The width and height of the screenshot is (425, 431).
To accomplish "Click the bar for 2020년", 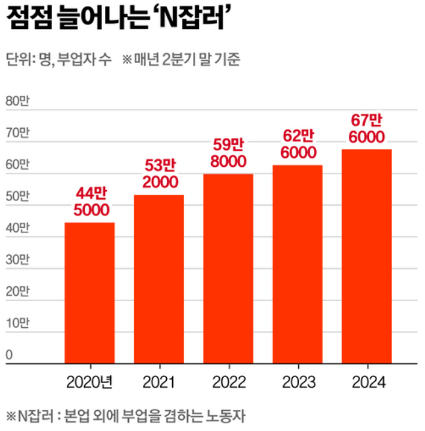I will pyautogui.click(x=89, y=293).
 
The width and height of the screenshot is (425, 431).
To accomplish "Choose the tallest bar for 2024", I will pyautogui.click(x=367, y=256).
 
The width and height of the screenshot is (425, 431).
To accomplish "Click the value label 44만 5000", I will pyautogui.click(x=89, y=201).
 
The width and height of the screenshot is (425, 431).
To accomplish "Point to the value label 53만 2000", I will pyautogui.click(x=158, y=173).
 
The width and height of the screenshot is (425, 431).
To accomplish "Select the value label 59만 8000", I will pyautogui.click(x=228, y=152).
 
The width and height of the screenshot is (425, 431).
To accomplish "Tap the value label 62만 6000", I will pyautogui.click(x=298, y=143).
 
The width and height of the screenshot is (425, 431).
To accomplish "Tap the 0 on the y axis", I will pyautogui.click(x=9, y=355).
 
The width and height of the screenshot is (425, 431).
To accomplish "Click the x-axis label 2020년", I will pyautogui.click(x=90, y=382).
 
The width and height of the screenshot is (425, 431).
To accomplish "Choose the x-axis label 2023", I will pyautogui.click(x=298, y=382).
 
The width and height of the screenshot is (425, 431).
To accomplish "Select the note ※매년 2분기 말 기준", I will pyautogui.click(x=181, y=61).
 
